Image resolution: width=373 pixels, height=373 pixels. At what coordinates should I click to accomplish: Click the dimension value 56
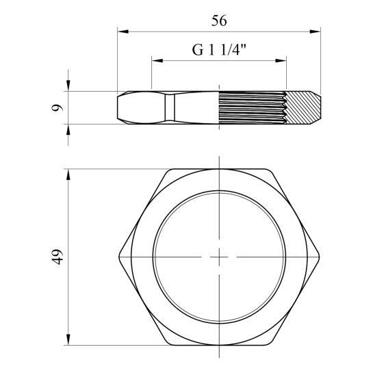[219, 21]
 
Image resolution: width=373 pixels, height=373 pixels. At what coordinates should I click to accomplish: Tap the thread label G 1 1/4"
[219, 50]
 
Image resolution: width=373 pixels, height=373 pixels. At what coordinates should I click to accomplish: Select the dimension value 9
[57, 107]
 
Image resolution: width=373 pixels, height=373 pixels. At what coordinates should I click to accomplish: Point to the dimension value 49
[57, 257]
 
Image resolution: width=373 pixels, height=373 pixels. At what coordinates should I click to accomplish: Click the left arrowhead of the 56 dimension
[123, 31]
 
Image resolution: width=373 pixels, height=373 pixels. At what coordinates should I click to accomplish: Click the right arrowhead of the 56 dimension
[316, 31]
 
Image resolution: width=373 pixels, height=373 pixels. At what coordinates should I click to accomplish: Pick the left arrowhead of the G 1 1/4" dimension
[157, 60]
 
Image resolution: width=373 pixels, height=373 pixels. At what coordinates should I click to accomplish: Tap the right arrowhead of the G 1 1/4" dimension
[281, 60]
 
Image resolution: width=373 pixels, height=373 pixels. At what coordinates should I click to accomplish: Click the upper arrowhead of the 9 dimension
[68, 86]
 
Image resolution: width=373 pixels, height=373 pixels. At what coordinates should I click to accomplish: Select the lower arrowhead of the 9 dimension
[68, 129]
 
